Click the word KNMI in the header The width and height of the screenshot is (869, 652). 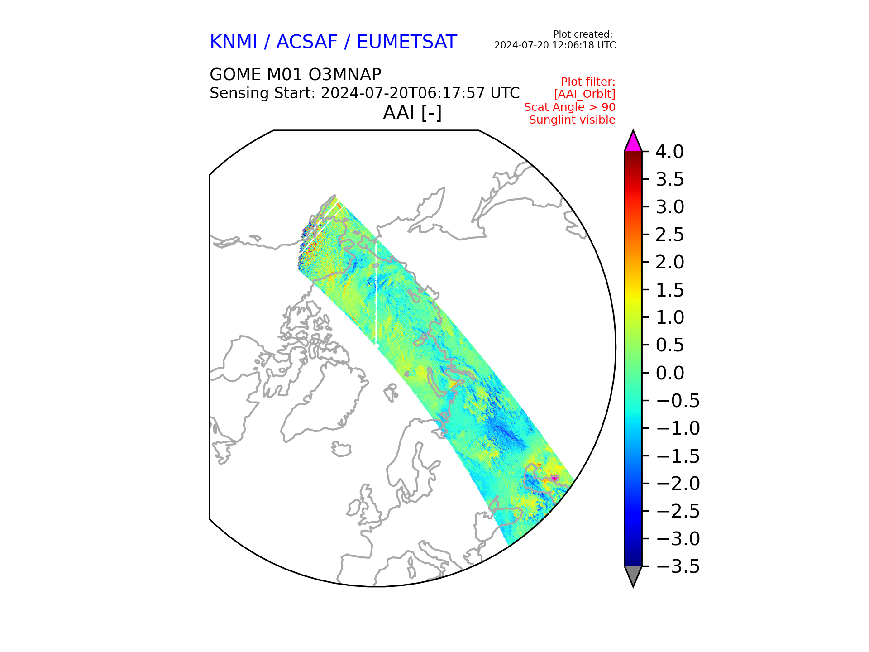point(234,42)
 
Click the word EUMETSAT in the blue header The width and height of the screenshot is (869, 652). point(407,42)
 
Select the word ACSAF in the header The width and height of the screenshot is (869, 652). point(307,42)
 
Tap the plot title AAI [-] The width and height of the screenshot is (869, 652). point(412,113)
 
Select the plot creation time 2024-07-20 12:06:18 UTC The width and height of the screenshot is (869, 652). point(555,45)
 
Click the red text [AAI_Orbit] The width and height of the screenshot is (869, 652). point(585,94)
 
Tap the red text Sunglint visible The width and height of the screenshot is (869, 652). point(572,120)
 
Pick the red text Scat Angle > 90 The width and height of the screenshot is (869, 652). point(570,107)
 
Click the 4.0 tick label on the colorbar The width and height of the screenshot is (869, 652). point(670,152)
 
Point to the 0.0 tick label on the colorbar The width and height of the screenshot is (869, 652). point(670,373)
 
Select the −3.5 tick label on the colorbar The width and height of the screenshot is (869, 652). point(678,566)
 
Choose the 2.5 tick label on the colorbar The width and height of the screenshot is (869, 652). point(670,235)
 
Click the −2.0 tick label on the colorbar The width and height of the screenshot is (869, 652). point(678,484)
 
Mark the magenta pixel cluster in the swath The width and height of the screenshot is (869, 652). point(554,478)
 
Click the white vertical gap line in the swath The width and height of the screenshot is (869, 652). point(376,292)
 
